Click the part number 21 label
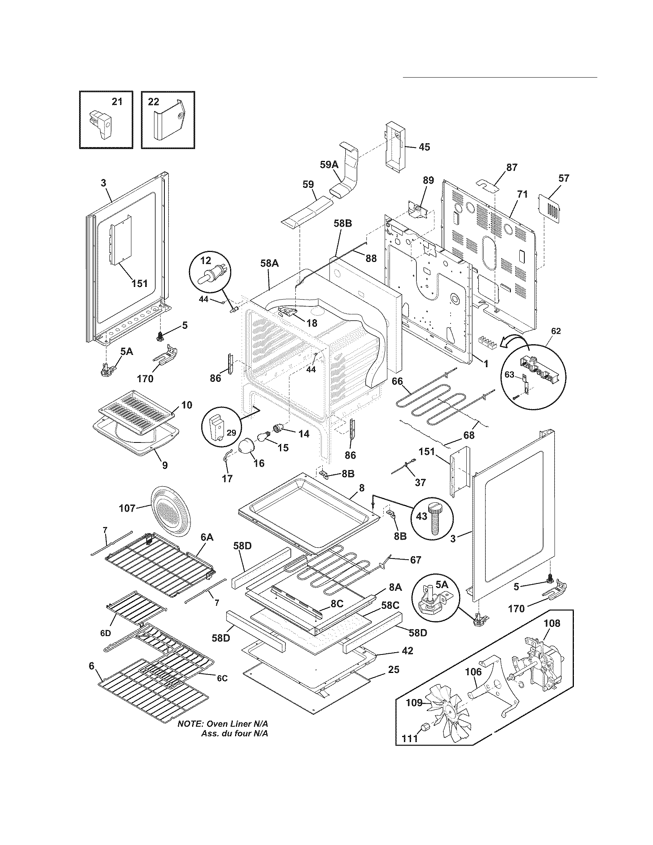pyautogui.click(x=117, y=101)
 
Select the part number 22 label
pyautogui.click(x=154, y=101)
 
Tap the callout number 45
pyautogui.click(x=424, y=147)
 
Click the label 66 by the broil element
pyautogui.click(x=397, y=381)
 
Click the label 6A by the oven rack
pyautogui.click(x=207, y=537)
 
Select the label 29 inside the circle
pyautogui.click(x=231, y=432)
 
